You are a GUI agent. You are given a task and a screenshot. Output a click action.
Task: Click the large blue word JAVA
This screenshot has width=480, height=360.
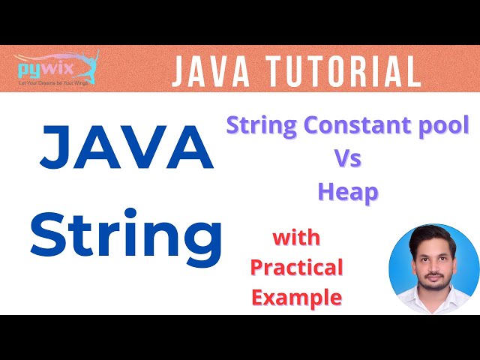[x=115, y=148]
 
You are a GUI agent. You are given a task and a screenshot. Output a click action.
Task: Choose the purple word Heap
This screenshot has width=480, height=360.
[x=347, y=192]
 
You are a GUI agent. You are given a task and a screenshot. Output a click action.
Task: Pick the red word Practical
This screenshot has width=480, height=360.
[x=296, y=267]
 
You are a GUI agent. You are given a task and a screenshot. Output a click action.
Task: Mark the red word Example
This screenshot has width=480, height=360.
[x=296, y=297]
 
